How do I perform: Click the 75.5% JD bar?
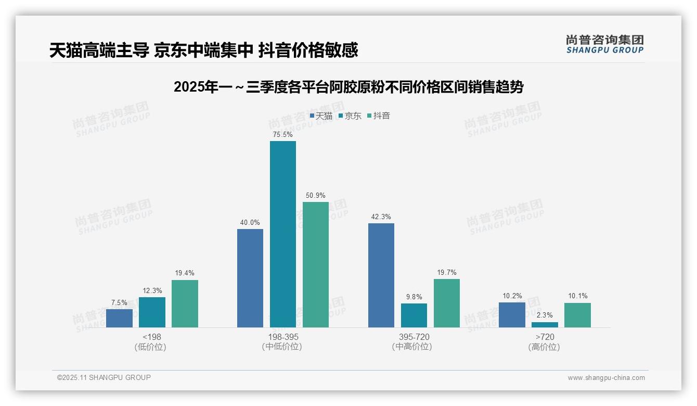tap(282, 234)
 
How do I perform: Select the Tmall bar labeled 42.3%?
tap(381, 275)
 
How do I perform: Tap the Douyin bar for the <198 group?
tap(185, 303)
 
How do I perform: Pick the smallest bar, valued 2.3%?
tap(545, 325)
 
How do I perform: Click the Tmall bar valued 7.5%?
tap(119, 318)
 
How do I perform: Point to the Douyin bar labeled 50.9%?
tap(316, 264)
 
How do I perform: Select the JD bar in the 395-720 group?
tap(414, 315)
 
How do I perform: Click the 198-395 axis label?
tap(283, 337)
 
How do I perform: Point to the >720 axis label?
tap(545, 337)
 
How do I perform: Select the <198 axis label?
tap(151, 337)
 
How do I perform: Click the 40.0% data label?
tap(250, 223)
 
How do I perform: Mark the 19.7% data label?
tap(447, 273)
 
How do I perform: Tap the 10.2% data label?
tap(512, 296)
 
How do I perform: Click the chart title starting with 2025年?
tap(348, 87)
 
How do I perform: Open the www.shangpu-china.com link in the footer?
tap(606, 378)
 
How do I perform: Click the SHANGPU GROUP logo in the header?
tap(604, 44)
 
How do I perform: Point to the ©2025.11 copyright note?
tap(104, 377)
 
